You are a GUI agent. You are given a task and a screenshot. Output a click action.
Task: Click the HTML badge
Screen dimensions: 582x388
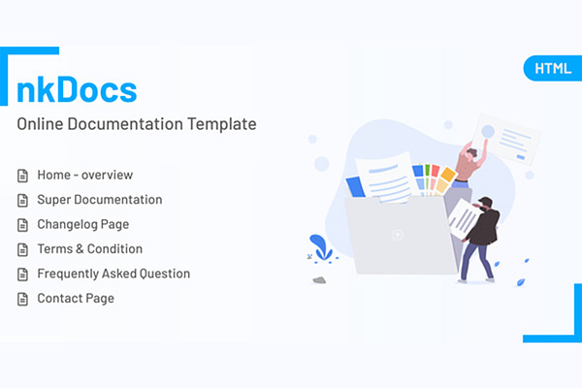click(553, 68)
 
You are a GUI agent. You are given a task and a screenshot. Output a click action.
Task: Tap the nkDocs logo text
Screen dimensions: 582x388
click(78, 89)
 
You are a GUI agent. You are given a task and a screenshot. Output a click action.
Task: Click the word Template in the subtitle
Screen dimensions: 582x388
click(221, 124)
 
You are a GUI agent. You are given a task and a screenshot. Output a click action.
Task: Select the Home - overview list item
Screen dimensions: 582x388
click(85, 175)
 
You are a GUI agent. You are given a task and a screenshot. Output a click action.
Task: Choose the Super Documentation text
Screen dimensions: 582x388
click(100, 200)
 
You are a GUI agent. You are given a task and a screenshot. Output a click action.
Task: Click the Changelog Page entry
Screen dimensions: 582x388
click(83, 225)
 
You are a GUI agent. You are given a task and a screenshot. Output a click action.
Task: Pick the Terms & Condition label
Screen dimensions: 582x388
click(90, 248)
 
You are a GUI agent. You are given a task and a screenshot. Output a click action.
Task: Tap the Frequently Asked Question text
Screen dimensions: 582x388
click(113, 274)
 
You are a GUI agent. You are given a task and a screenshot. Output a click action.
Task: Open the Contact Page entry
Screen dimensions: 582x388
click(76, 299)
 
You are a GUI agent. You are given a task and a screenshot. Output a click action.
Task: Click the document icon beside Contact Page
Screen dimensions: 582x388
click(22, 299)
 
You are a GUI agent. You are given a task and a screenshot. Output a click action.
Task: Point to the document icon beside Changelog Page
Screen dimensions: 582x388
click(22, 225)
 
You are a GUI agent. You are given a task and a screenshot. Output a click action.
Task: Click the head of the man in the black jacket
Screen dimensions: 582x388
click(486, 204)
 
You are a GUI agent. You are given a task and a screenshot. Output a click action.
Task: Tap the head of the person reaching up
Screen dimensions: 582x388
click(470, 153)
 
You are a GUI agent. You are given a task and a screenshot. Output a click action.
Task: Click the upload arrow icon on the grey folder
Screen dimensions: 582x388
click(397, 235)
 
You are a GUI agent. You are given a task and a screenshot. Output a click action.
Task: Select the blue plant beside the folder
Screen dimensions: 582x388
click(321, 247)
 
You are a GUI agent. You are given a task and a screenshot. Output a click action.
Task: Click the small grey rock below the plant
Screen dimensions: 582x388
click(319, 280)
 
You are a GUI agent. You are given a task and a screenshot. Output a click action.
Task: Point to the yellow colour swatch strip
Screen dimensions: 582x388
click(444, 180)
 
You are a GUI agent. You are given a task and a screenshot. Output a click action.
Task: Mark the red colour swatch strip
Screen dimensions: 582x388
click(434, 178)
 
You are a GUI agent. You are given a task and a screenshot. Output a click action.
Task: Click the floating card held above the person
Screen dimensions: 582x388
click(506, 139)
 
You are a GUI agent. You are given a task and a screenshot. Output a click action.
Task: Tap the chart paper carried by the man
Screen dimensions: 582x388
click(465, 219)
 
